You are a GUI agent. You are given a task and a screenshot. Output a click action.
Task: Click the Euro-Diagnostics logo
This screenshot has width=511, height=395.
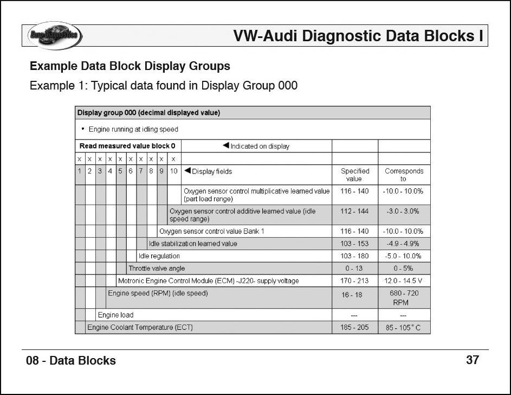point(54,36)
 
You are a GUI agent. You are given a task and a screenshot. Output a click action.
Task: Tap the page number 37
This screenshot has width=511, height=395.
point(473,360)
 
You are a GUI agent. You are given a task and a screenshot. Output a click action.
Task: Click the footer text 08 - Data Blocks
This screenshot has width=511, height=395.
point(71,361)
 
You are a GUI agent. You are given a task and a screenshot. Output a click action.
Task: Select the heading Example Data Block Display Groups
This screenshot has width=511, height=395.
point(130,66)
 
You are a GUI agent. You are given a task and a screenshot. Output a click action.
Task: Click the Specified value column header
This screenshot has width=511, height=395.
point(354,175)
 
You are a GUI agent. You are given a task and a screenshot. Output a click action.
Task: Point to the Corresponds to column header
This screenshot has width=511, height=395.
point(404,175)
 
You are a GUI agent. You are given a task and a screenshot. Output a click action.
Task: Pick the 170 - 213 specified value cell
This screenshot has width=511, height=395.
point(354,281)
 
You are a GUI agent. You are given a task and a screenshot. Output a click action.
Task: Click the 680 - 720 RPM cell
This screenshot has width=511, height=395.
point(404,298)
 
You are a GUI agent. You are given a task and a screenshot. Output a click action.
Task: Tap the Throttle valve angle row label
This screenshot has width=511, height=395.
point(157,269)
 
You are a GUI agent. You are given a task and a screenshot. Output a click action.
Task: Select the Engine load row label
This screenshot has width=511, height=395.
point(115,315)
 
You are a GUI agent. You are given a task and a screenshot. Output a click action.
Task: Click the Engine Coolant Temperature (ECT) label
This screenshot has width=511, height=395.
point(140,328)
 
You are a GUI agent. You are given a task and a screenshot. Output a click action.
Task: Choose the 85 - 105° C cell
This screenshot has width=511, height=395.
point(404,328)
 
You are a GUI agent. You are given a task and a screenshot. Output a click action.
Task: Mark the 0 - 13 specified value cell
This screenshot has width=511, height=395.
point(354,269)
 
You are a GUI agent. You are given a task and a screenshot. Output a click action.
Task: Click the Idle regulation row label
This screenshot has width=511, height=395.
point(159,256)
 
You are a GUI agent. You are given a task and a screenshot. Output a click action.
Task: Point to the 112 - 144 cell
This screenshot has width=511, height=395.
point(354,211)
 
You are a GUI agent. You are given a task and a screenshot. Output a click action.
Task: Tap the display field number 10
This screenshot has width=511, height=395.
point(173,171)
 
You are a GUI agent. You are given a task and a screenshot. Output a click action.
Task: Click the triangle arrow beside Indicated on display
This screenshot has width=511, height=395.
point(226,145)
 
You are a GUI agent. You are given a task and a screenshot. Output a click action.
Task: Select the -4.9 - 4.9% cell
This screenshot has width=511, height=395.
point(404,244)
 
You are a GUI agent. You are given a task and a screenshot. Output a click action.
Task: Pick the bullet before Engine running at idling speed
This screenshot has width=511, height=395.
point(82,129)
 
